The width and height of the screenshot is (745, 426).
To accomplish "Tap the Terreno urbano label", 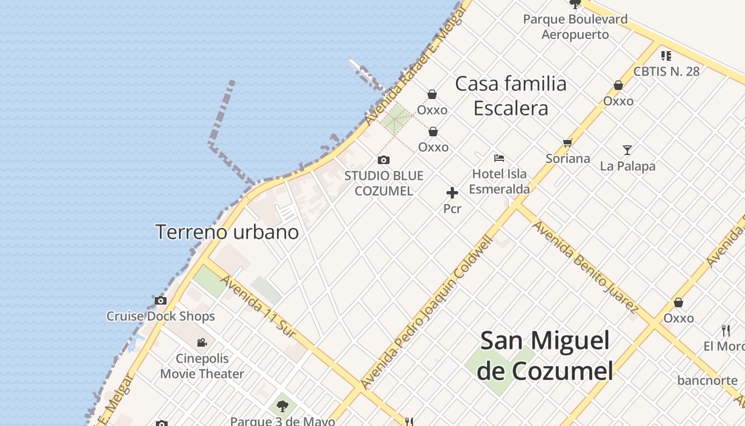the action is point(227,232).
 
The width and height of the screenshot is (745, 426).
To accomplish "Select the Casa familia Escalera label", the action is point(511,96).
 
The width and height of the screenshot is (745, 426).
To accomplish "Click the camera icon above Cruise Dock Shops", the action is point(161,301).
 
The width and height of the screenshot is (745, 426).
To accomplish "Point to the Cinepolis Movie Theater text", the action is point(202,366).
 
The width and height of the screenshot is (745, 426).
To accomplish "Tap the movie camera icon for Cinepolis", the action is point(202,342).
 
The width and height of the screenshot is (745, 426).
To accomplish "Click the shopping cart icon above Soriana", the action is point(567,143).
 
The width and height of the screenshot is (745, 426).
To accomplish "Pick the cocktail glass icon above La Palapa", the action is point(627,150).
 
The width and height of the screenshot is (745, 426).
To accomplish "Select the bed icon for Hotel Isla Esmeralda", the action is point(499,158).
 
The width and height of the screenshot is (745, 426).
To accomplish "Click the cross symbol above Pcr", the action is point(452,193).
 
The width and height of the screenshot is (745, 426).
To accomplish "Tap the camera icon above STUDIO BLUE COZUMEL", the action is point(383,160).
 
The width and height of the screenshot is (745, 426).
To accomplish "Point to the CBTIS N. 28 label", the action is point(666,71).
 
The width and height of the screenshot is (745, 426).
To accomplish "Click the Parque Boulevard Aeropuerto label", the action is point(575,27).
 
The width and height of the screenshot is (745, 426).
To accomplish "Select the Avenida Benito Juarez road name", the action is point(585,266).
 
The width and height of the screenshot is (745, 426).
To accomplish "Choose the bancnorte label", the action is point(707,381).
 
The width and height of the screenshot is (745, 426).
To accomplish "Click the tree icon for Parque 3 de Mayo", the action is point(282,406).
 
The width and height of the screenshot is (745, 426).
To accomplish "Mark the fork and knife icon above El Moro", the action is point(726,331).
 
